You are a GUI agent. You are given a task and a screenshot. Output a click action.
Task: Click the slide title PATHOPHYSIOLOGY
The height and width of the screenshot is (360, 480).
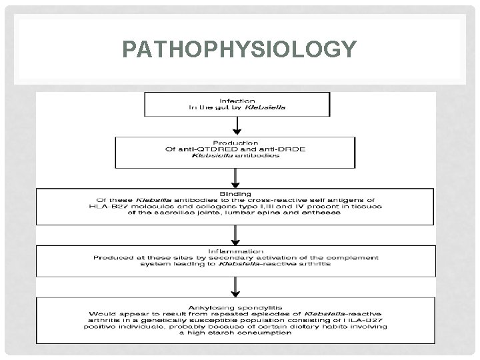[239, 50]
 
